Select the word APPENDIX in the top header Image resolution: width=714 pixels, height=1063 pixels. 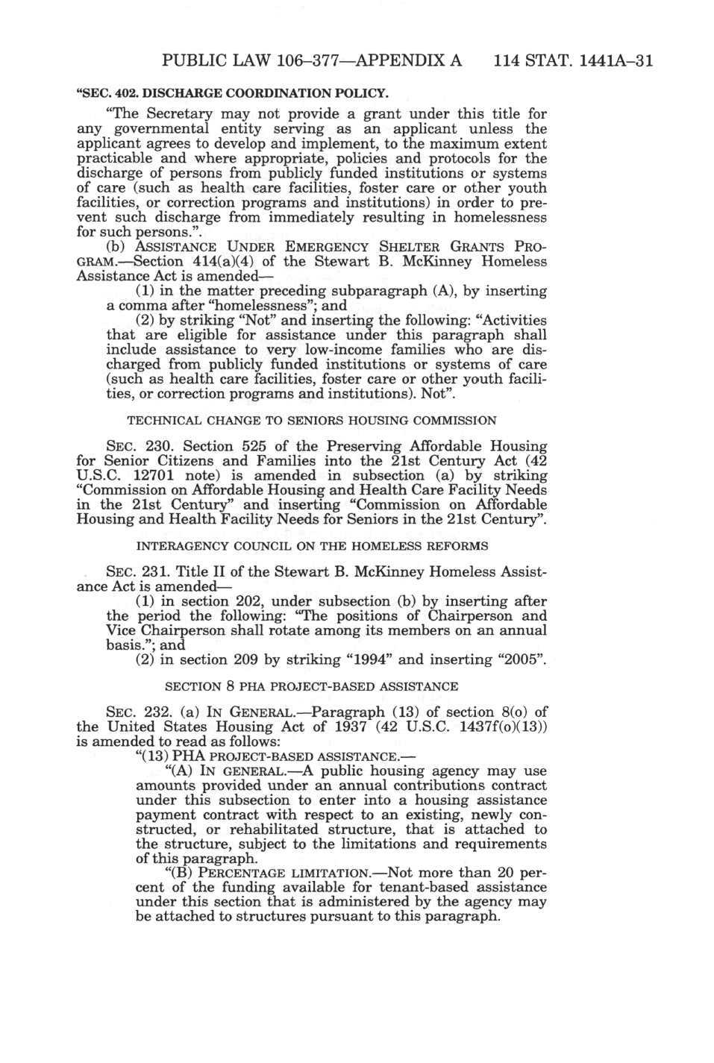click(398, 60)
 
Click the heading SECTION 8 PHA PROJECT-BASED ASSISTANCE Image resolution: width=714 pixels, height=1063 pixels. click(312, 686)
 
